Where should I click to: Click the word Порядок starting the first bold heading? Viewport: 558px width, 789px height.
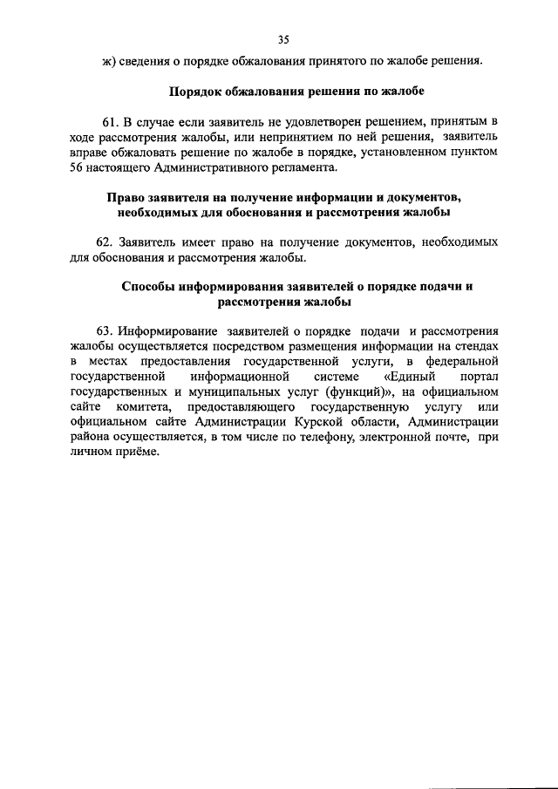(x=194, y=92)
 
